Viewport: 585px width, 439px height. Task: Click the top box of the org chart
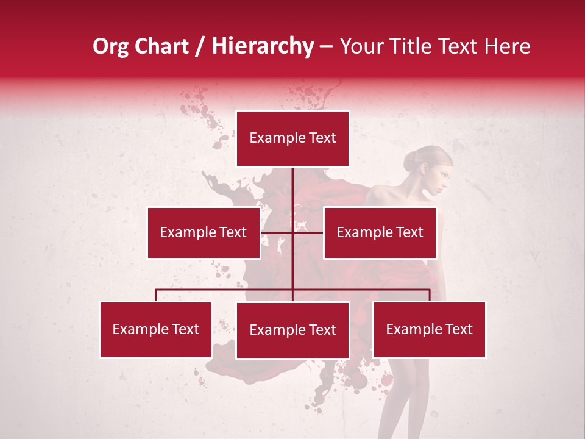(292, 138)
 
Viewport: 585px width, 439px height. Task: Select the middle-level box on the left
(204, 232)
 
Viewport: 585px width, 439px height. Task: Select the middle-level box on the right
(380, 232)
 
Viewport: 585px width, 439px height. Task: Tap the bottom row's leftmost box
(156, 329)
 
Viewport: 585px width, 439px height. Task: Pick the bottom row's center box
(292, 330)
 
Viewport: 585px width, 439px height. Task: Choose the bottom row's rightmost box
(429, 329)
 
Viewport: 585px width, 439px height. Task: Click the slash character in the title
(199, 46)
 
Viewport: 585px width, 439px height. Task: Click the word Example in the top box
(274, 138)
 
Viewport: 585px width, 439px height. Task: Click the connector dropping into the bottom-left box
(156, 295)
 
